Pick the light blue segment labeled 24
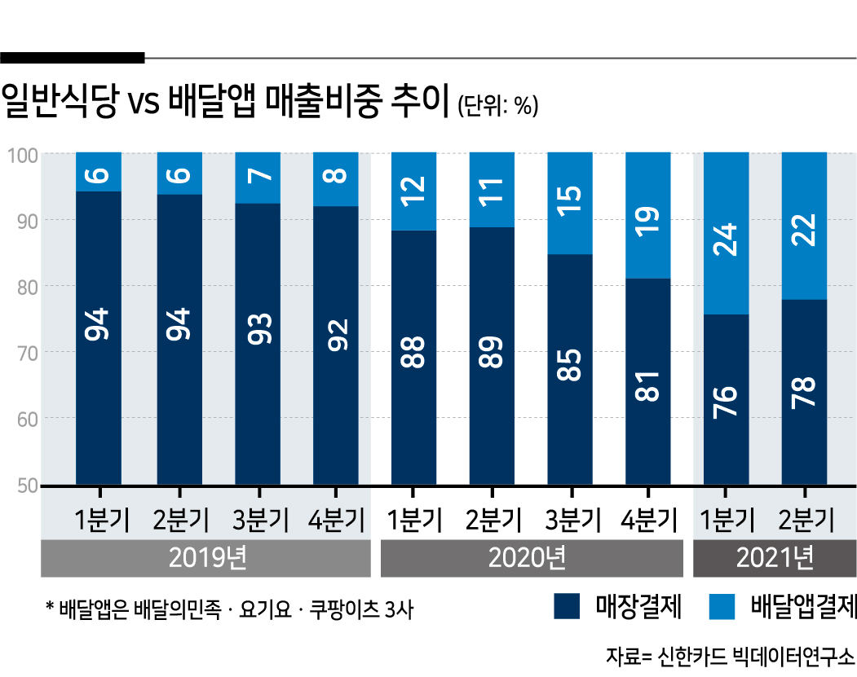point(727,233)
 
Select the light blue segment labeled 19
point(648,215)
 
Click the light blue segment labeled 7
point(257,177)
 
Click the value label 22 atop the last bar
point(805,225)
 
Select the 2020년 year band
point(531,558)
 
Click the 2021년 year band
point(774,558)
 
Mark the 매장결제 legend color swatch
point(566,607)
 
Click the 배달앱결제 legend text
point(803,607)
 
